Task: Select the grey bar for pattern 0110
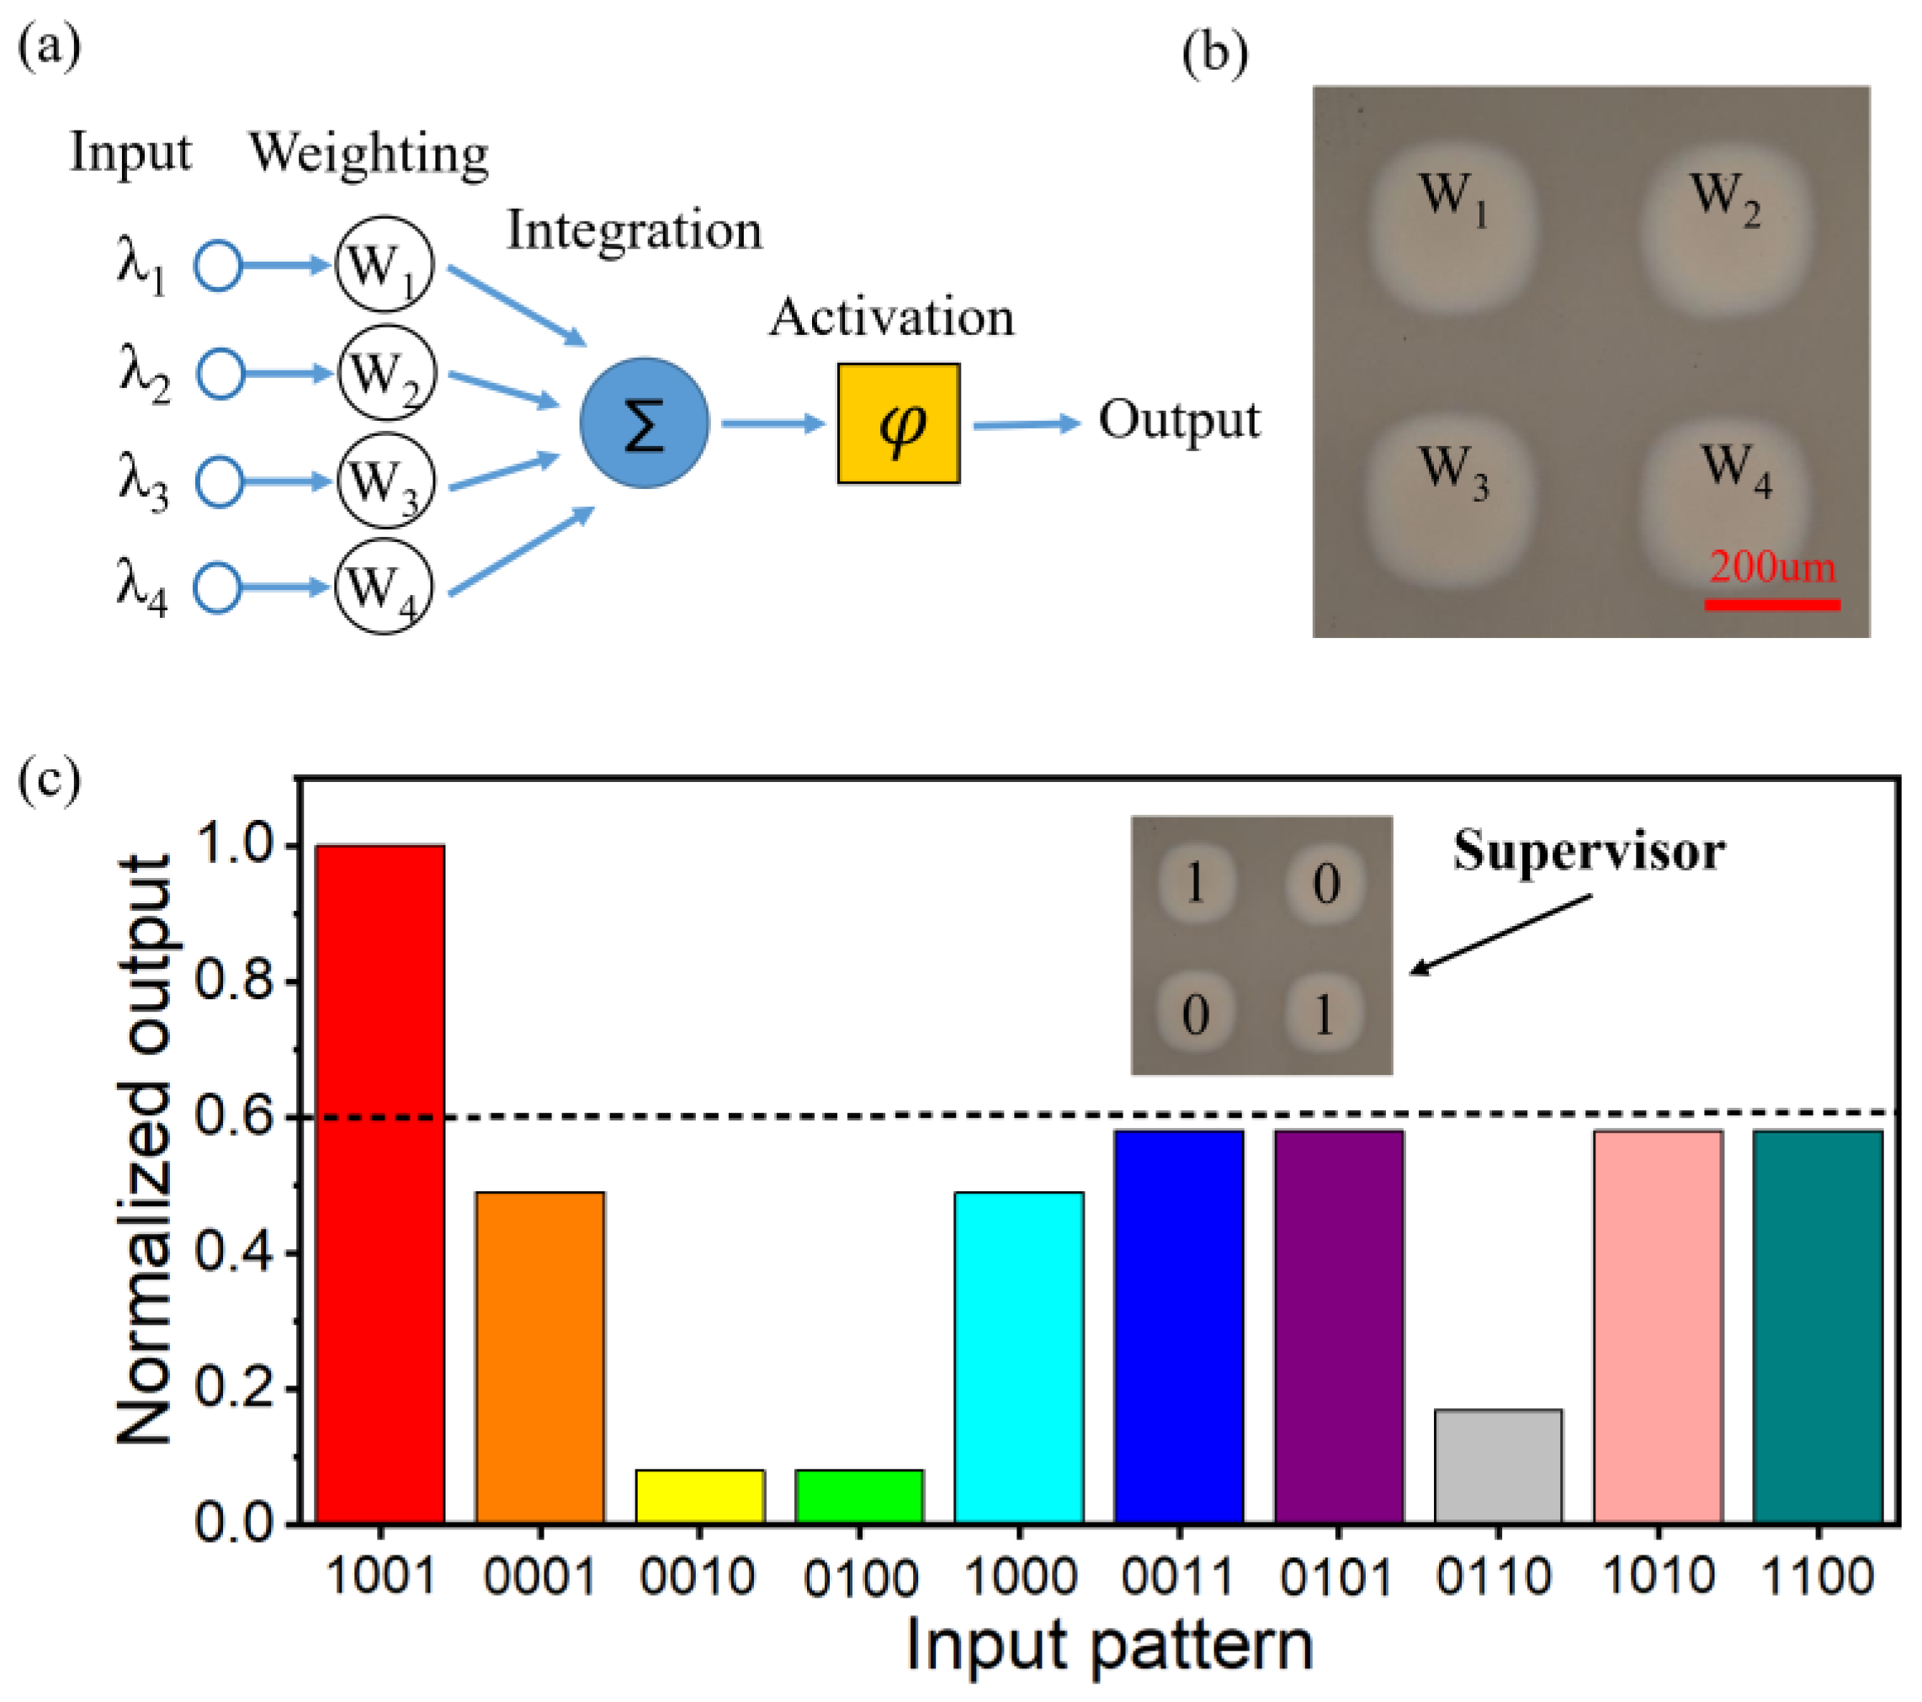pyautogui.click(x=1498, y=1467)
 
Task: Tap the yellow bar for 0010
pyautogui.click(x=699, y=1496)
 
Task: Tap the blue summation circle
pyautogui.click(x=644, y=423)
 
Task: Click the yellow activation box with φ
pyautogui.click(x=898, y=423)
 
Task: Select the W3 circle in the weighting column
pyautogui.click(x=385, y=481)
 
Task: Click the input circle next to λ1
pyautogui.click(x=218, y=266)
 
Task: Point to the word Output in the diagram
pyautogui.click(x=1178, y=420)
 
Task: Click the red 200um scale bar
pyautogui.click(x=1771, y=604)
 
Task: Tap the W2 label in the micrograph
pyautogui.click(x=1723, y=199)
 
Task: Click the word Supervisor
pyautogui.click(x=1588, y=851)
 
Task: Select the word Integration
pyautogui.click(x=634, y=231)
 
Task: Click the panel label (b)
pyautogui.click(x=1214, y=54)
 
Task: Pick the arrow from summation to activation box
pyautogui.click(x=773, y=423)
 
